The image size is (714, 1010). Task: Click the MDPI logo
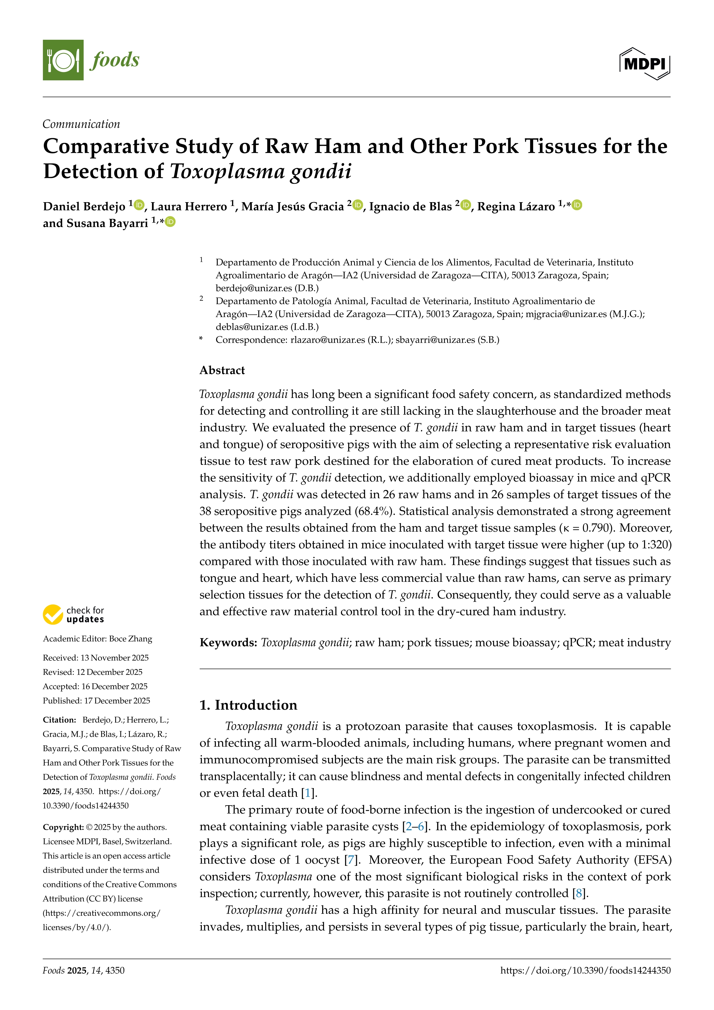click(x=645, y=64)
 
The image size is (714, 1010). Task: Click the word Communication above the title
click(x=81, y=124)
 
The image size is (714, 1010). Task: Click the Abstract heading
click(x=222, y=370)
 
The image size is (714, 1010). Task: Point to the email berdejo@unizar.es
click(x=254, y=288)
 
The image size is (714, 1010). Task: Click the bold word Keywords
click(x=228, y=643)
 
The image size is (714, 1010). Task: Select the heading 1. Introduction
click(x=248, y=705)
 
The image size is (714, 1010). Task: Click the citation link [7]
click(x=350, y=860)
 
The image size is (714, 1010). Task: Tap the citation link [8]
click(x=579, y=893)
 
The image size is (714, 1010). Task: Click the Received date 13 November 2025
click(x=114, y=658)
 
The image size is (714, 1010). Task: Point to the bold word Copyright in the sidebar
click(x=63, y=827)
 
